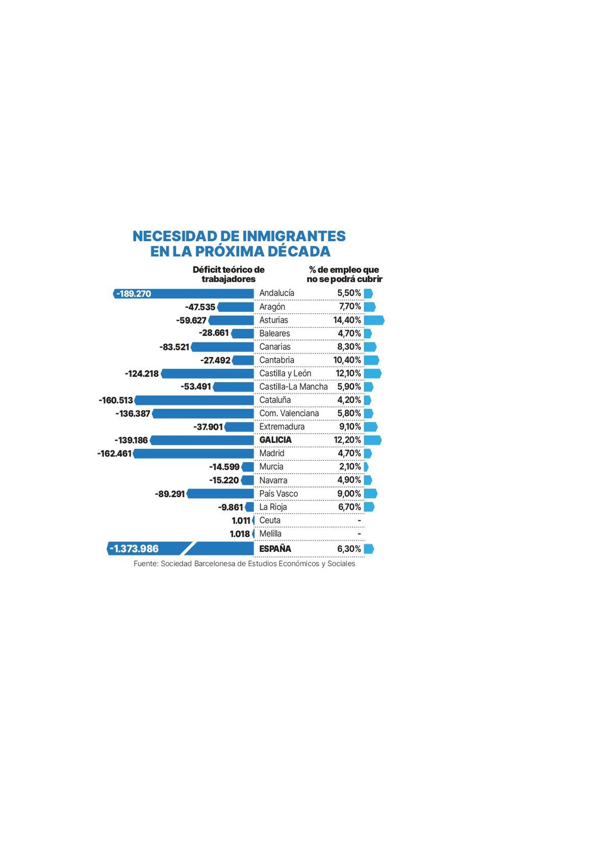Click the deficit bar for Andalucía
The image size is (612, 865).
(204, 294)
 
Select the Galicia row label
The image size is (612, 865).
(275, 440)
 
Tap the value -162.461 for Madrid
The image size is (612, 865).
(114, 453)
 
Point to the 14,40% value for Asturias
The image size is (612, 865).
(347, 320)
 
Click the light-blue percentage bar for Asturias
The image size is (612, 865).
(374, 320)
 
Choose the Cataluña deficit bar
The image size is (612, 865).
(194, 400)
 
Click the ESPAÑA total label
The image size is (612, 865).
(275, 549)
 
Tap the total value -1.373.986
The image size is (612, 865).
(134, 549)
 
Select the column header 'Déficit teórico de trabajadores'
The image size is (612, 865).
(228, 274)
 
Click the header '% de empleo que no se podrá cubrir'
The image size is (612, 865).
(344, 274)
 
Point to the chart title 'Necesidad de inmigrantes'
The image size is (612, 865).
(239, 244)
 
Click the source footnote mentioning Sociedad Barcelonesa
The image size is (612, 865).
(244, 564)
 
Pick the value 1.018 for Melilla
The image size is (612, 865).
(240, 534)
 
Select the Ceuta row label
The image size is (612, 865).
(270, 521)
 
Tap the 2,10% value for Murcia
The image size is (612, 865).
(350, 467)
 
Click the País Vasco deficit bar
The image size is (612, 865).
(220, 494)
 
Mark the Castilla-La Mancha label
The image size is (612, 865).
(293, 387)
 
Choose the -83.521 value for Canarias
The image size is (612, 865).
(174, 347)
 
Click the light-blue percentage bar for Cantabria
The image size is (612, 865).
(371, 361)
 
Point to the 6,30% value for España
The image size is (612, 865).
(349, 549)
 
